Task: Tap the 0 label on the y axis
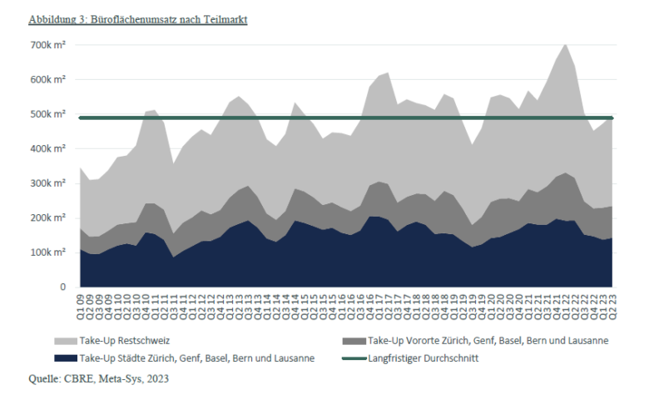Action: [x=62, y=287]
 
